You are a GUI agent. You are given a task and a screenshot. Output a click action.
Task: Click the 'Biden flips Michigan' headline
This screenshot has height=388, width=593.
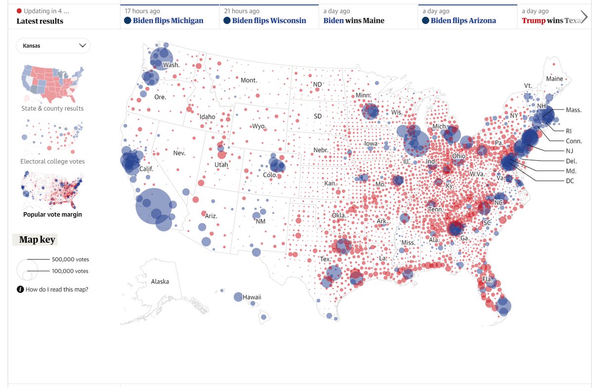[168, 21]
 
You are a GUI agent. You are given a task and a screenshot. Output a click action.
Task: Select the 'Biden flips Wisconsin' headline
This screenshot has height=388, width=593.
[269, 21]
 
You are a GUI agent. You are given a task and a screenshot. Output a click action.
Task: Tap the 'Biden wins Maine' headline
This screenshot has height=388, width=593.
[353, 21]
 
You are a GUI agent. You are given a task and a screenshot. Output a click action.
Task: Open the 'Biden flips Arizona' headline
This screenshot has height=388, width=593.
[463, 21]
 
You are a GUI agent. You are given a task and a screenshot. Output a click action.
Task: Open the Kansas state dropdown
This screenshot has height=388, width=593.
[53, 45]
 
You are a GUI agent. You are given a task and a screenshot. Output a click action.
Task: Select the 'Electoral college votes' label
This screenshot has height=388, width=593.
[52, 161]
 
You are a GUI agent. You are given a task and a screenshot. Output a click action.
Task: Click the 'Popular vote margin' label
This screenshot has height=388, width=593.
[52, 214]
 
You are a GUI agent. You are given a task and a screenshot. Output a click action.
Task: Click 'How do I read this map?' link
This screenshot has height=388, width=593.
[56, 290]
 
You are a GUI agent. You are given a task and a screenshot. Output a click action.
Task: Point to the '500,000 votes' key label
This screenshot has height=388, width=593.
[70, 259]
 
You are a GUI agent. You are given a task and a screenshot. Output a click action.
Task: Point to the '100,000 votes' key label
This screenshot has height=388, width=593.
[70, 271]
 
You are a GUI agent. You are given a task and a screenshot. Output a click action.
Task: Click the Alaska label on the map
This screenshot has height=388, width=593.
[160, 282]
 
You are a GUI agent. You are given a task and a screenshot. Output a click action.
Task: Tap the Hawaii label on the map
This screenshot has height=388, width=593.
[252, 297]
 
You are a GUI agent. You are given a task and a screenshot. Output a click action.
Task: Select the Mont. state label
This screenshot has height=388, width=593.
[249, 80]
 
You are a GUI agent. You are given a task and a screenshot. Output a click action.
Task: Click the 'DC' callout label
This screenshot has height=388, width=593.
[570, 181]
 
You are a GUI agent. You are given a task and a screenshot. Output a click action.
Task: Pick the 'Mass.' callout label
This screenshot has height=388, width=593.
[573, 110]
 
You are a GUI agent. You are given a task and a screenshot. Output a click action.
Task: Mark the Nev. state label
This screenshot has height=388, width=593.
[179, 153]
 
